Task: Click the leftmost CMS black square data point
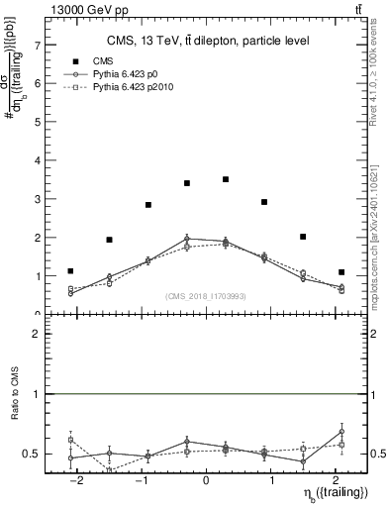click(70, 270)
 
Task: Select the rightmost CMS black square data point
click(341, 271)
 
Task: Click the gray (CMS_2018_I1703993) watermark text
click(206, 295)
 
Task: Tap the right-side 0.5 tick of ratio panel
click(375, 454)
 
